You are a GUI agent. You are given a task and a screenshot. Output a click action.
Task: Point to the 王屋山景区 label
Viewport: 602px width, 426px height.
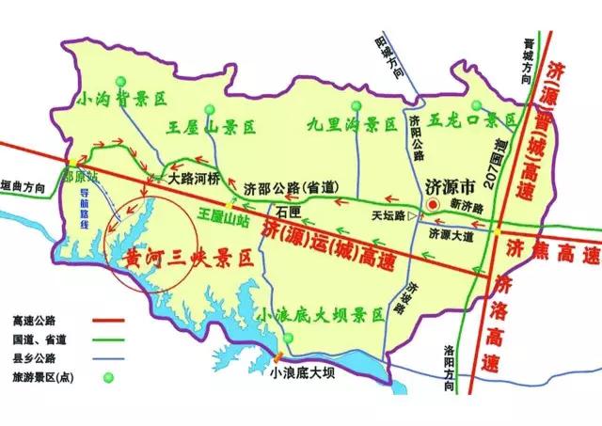(212, 125)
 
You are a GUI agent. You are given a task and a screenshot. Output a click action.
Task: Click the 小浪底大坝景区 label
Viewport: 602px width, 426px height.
(324, 315)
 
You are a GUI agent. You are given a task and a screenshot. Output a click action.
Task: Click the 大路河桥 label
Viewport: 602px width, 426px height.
(194, 176)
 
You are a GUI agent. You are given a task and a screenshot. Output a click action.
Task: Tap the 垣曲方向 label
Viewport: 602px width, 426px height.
(23, 186)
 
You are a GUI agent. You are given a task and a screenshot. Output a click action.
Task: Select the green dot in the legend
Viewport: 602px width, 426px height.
(106, 377)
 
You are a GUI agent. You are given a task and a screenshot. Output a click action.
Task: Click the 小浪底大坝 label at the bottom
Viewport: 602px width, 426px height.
(300, 372)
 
